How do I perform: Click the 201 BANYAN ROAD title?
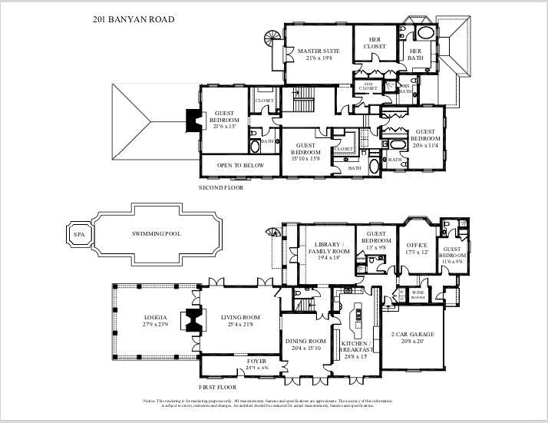(126, 18)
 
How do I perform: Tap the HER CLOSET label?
(375, 42)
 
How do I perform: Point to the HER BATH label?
(415, 54)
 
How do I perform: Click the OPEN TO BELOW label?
(240, 165)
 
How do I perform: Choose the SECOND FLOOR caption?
(223, 187)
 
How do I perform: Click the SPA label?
(78, 234)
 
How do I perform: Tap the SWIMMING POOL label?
(156, 233)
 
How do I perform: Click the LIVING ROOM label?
(240, 321)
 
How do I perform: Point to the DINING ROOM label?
(306, 345)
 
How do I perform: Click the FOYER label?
(256, 363)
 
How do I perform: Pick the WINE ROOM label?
(418, 294)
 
